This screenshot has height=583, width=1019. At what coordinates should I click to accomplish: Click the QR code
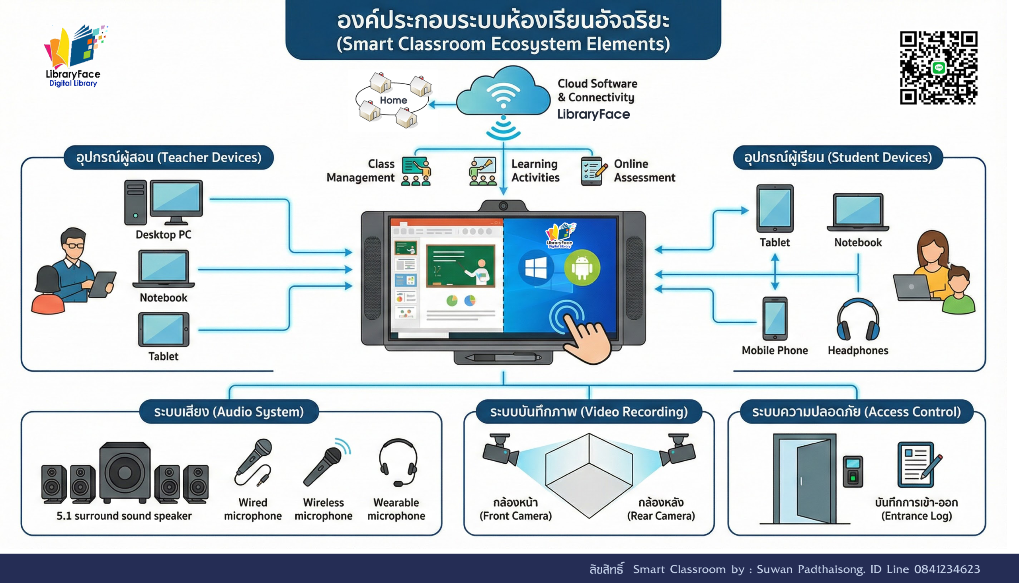coord(939,68)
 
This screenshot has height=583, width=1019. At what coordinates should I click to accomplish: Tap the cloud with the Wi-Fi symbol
coord(503,93)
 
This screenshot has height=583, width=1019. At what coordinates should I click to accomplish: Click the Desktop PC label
coord(164,235)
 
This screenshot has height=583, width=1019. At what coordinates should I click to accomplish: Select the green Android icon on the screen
coord(582,267)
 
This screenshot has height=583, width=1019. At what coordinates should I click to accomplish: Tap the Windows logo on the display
coord(535,268)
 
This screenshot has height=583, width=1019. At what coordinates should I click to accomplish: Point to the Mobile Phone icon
coord(775,319)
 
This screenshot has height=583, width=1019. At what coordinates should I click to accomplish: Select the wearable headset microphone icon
coord(398,462)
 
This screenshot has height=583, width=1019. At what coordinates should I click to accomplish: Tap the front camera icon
coord(499,450)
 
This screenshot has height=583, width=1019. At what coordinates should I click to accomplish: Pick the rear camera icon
coord(678,450)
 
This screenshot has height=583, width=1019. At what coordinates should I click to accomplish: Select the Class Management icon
coord(416,171)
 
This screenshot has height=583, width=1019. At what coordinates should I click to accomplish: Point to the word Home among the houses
coord(393,100)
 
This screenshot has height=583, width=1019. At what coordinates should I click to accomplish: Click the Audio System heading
coord(229,412)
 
